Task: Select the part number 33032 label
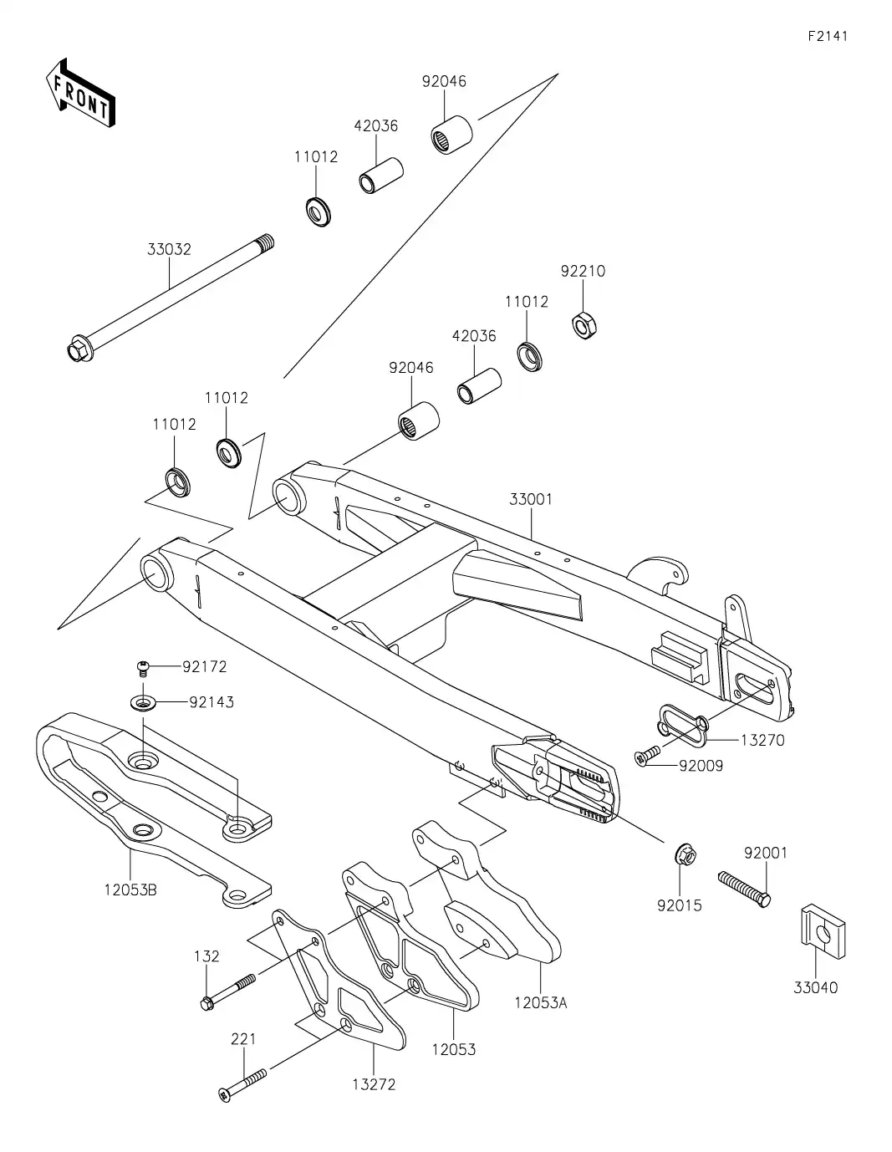[x=169, y=249]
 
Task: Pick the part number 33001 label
[x=531, y=499]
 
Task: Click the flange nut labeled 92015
[x=686, y=856]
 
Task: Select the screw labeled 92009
[x=648, y=757]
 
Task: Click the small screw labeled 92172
[x=144, y=667]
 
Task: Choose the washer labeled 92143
[x=145, y=702]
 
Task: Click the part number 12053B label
[x=130, y=889]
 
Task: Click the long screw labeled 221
[x=242, y=1083]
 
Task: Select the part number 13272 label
[x=375, y=1084]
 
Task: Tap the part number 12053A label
[x=540, y=1002]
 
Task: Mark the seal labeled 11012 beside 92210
[x=528, y=355]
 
